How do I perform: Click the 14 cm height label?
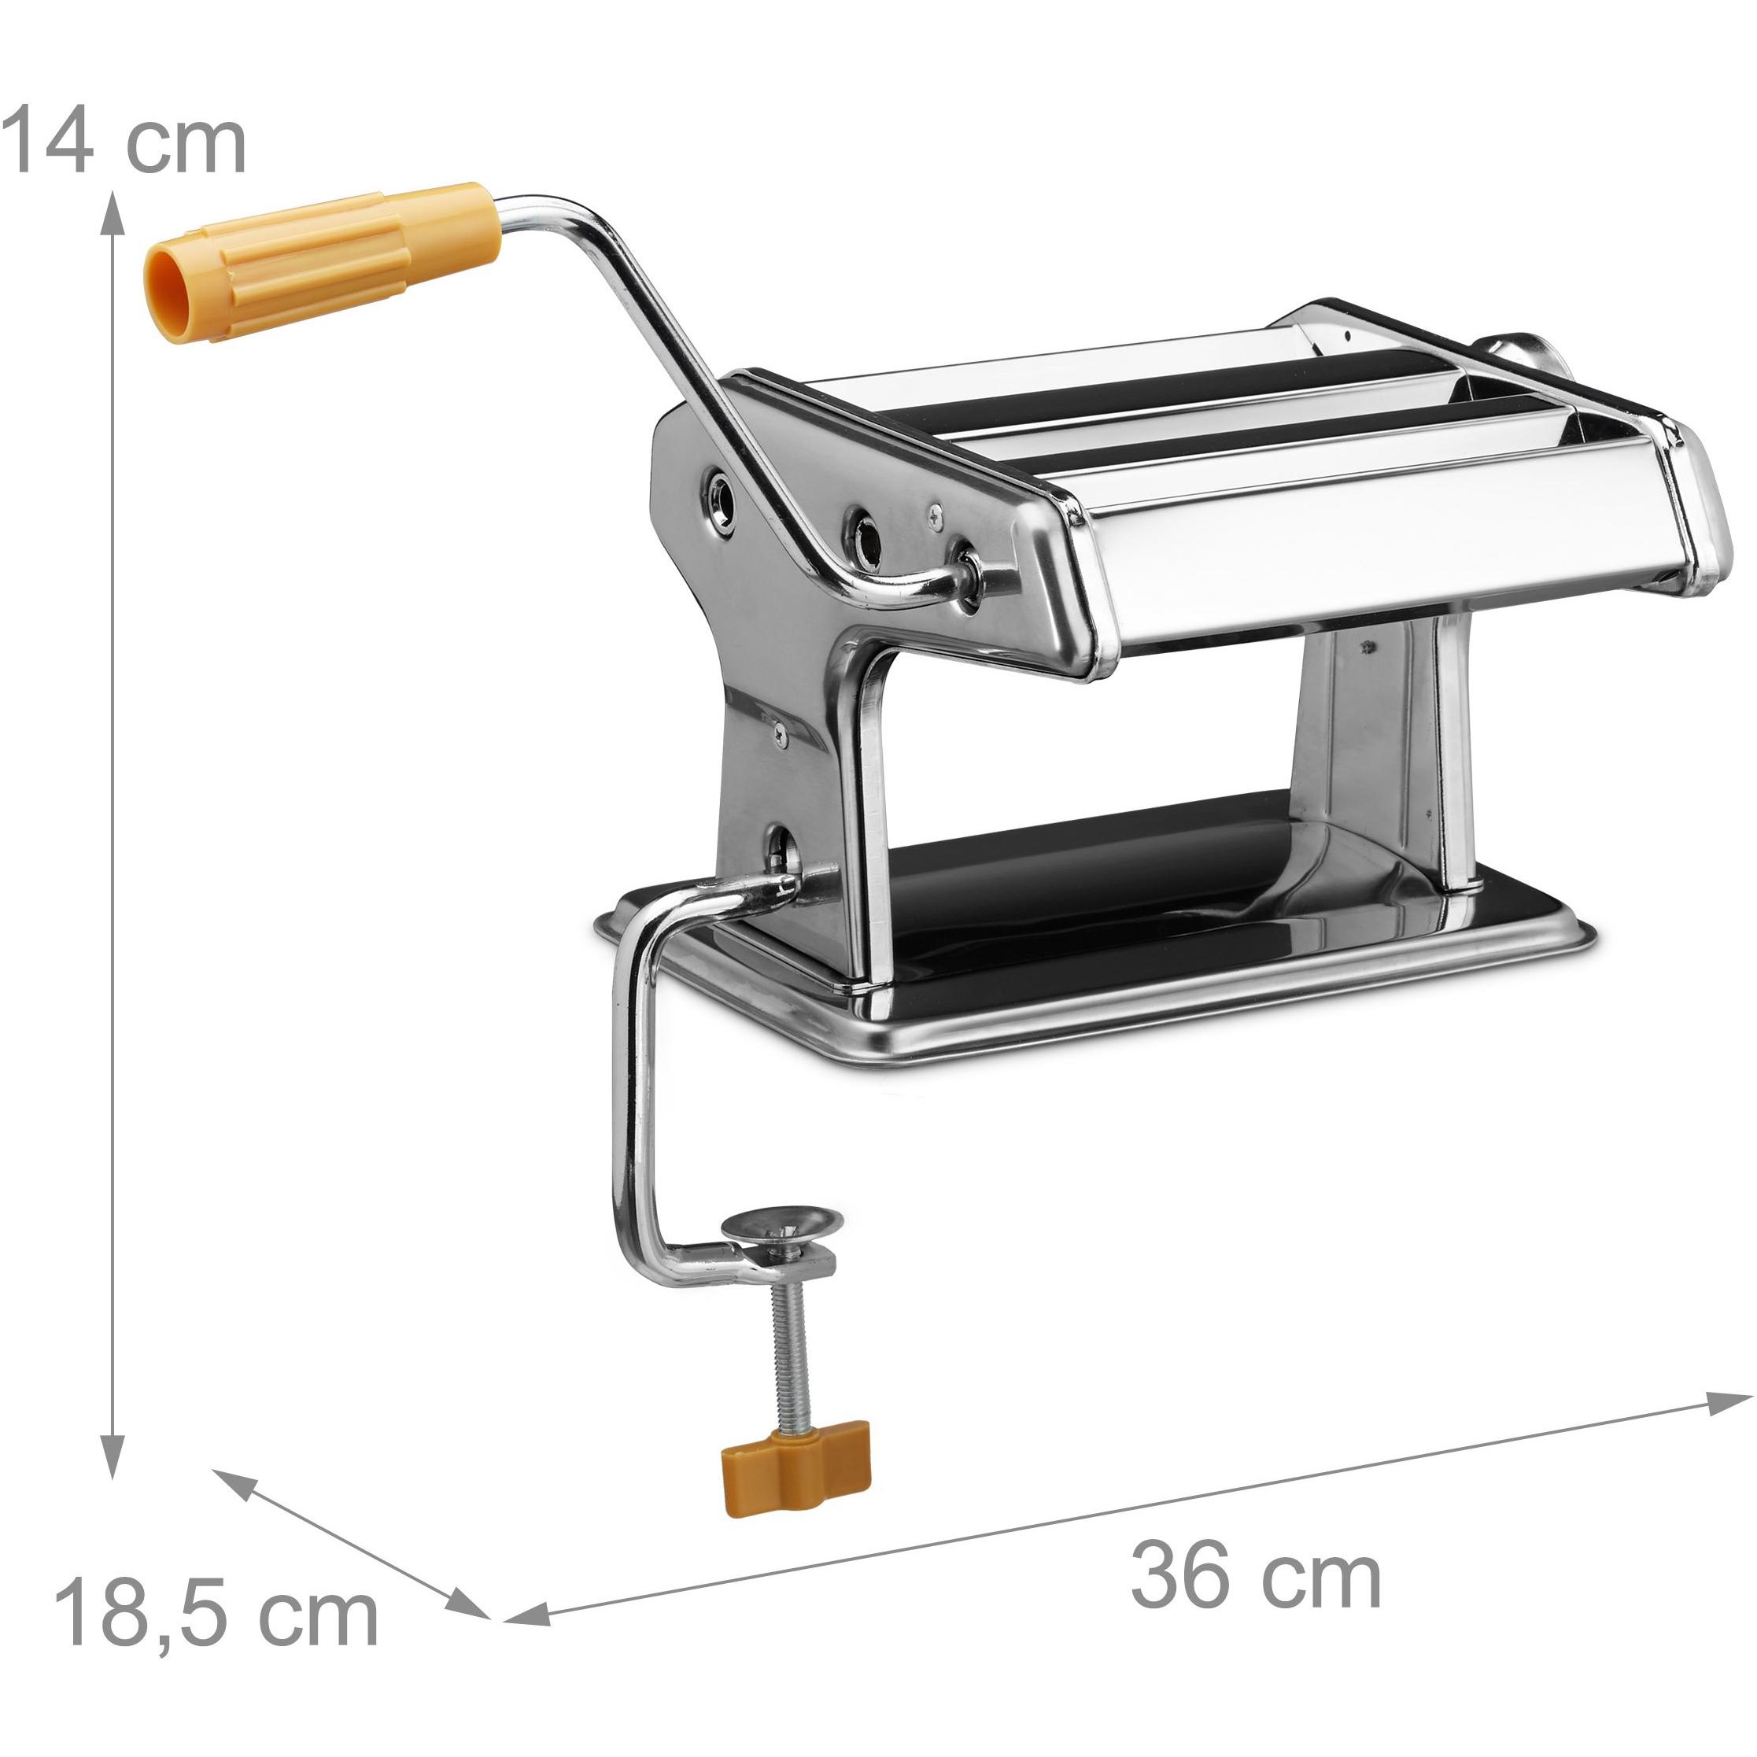124,139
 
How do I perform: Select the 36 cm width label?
1256,1577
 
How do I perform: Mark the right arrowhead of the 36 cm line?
1728,1402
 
